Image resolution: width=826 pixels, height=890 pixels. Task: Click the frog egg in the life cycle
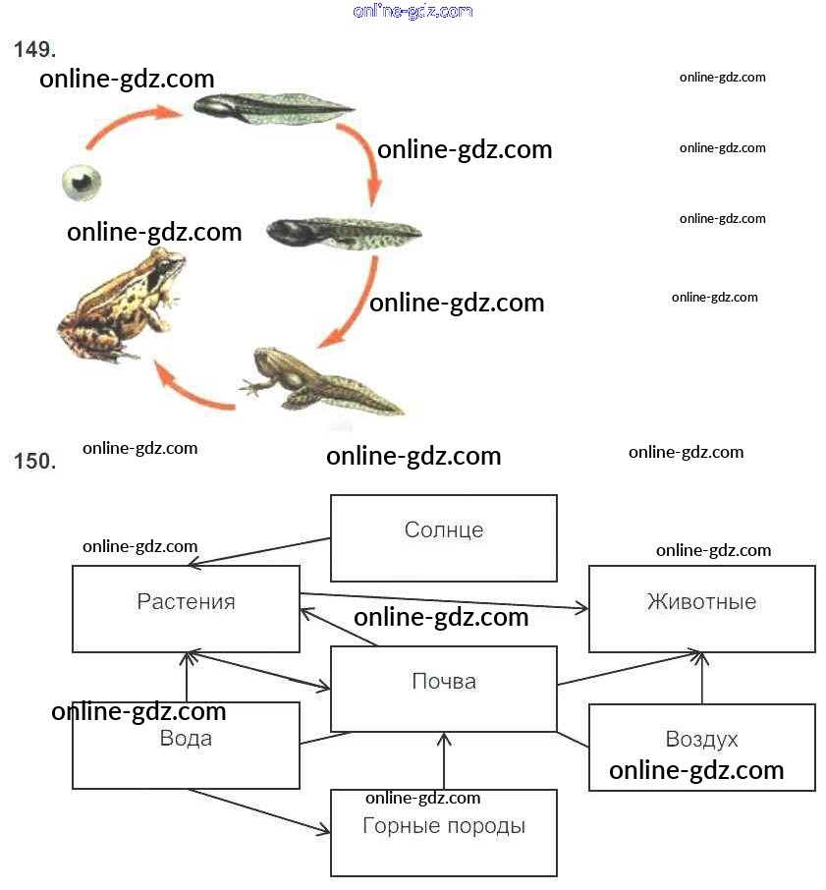tap(82, 181)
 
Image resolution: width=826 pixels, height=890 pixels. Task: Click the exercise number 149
tap(34, 50)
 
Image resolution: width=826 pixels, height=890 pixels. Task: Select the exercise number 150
tap(34, 462)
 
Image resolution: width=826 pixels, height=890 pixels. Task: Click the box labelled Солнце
tap(444, 537)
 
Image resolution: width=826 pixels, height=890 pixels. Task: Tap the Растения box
tap(186, 608)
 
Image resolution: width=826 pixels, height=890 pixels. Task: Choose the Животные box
tap(701, 608)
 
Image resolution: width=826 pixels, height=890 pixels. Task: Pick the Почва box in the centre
tap(444, 689)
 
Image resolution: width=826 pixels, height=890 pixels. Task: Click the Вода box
tap(186, 745)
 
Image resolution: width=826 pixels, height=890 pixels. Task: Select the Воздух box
tap(701, 747)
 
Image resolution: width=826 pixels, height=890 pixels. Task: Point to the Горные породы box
tap(444, 833)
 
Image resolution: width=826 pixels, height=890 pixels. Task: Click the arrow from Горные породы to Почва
tap(445, 761)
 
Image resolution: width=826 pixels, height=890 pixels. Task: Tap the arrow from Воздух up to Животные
tap(702, 679)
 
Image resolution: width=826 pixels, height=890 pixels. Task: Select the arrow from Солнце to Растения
tap(260, 552)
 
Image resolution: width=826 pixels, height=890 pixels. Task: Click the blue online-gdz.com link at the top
tap(413, 12)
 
